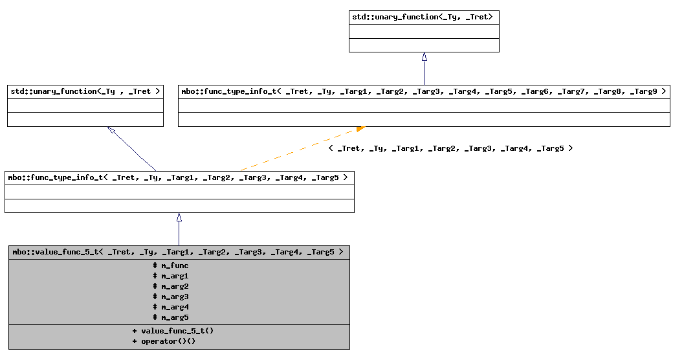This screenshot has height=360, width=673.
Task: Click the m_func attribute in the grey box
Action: pyautogui.click(x=171, y=265)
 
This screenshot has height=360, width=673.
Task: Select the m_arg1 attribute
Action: pyautogui.click(x=171, y=276)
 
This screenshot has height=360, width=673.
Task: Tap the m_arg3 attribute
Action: pyautogui.click(x=171, y=297)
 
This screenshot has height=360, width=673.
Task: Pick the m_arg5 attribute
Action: pyautogui.click(x=171, y=317)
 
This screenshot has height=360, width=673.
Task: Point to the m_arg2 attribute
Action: pyautogui.click(x=171, y=286)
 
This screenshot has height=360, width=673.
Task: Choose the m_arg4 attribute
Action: pyautogui.click(x=171, y=307)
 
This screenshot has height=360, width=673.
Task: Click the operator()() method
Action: pyautogui.click(x=164, y=341)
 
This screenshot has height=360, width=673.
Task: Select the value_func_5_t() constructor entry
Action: pyautogui.click(x=173, y=331)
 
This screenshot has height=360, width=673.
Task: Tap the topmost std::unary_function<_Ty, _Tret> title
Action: pyautogui.click(x=423, y=17)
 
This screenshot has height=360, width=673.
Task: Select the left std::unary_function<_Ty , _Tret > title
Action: pyautogui.click(x=85, y=92)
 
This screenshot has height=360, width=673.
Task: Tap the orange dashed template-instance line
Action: pyautogui.click(x=298, y=150)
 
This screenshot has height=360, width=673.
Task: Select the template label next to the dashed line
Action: pyautogui.click(x=450, y=148)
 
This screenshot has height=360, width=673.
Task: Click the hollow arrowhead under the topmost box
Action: pyautogui.click(x=424, y=57)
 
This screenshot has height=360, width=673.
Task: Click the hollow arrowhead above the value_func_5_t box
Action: pyautogui.click(x=179, y=218)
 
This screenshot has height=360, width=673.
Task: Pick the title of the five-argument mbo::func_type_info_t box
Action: pyautogui.click(x=178, y=177)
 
